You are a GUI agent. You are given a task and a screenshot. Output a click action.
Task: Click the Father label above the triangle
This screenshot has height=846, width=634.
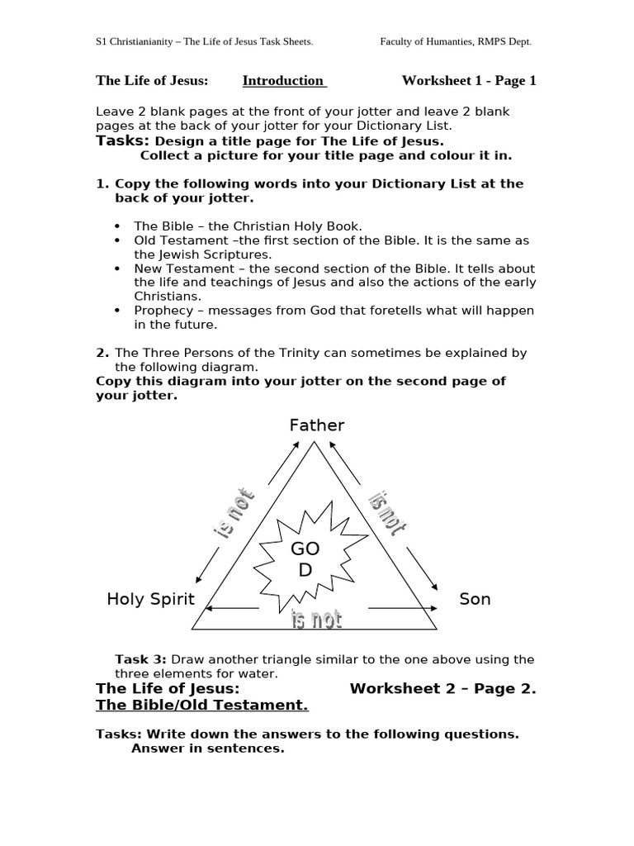click(x=316, y=425)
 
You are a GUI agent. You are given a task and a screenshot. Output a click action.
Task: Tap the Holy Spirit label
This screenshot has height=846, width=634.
click(x=150, y=599)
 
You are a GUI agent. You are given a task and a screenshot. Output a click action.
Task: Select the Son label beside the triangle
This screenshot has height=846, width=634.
click(x=475, y=599)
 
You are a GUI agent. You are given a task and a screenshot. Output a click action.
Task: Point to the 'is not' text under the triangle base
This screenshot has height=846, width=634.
click(x=316, y=620)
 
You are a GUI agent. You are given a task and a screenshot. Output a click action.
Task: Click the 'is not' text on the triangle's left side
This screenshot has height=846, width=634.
click(x=234, y=516)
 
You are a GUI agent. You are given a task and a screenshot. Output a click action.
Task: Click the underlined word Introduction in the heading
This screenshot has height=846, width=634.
click(x=283, y=80)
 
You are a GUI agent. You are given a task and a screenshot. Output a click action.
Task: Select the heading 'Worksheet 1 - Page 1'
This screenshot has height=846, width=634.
click(x=468, y=80)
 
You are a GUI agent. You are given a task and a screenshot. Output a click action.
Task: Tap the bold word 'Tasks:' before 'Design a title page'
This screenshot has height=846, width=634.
click(x=122, y=141)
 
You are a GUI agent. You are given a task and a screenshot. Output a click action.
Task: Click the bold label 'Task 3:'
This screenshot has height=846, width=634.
click(x=140, y=659)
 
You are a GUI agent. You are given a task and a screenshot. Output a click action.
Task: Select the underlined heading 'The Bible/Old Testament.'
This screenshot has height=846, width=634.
click(x=202, y=705)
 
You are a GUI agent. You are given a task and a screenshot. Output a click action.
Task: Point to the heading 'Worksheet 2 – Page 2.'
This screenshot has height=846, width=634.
click(x=442, y=688)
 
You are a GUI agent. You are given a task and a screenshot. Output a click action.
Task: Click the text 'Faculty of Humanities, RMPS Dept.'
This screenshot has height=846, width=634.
click(x=461, y=41)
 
